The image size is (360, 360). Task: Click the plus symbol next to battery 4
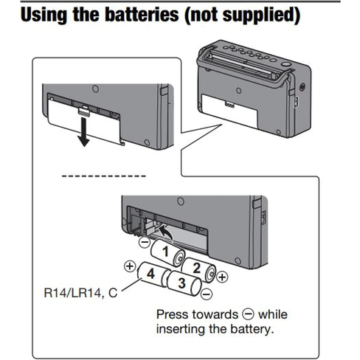click(x=129, y=266)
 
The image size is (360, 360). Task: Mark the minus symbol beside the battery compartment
click(x=145, y=241)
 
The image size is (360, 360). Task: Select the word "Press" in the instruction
click(x=173, y=312)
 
